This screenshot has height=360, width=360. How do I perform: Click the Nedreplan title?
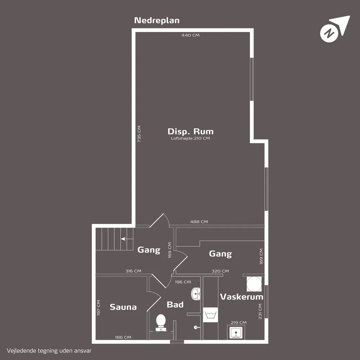tap(157, 20)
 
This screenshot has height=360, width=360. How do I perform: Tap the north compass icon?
tap(335, 29)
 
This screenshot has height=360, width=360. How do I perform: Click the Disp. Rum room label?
tap(191, 131)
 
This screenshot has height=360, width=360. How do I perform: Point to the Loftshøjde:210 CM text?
tap(190, 138)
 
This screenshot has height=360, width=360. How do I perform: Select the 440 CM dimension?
tap(191, 35)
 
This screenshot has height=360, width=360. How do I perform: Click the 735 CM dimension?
tap(139, 134)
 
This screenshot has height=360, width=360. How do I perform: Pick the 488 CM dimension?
tap(199, 222)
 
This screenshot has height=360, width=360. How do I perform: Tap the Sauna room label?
tap(123, 307)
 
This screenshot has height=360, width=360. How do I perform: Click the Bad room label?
tap(175, 305)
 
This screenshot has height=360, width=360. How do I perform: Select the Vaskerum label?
tap(242, 297)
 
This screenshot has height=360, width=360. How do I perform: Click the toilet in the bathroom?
tap(161, 323)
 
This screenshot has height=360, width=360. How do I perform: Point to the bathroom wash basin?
tap(196, 294)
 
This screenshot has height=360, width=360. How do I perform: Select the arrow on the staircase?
tap(127, 239)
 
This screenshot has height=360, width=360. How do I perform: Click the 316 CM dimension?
tap(133, 271)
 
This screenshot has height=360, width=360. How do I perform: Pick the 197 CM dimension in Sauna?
tap(98, 308)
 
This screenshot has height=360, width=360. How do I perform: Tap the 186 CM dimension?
tap(123, 337)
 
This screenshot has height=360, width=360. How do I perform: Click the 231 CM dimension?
tap(260, 311)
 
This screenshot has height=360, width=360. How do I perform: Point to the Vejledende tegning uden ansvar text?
tap(49, 351)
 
